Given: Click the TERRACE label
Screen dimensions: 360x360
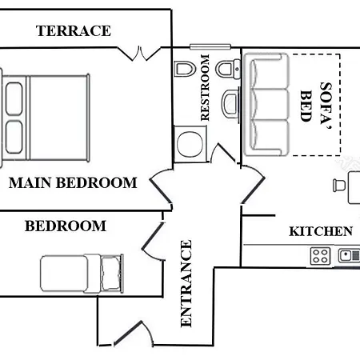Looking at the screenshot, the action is click(x=74, y=30).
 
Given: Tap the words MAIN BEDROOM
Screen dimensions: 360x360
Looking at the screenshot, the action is click(x=73, y=183).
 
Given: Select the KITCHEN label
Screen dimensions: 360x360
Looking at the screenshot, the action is click(x=321, y=231).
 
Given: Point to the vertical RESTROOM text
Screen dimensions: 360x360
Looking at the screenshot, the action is click(x=205, y=87).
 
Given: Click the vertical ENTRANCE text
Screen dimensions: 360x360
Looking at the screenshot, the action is click(x=186, y=283).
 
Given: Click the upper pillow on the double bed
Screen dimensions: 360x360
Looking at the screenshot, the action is click(x=14, y=99).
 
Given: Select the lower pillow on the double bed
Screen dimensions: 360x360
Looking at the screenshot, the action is click(x=14, y=138).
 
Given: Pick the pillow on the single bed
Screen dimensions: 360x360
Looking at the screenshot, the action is click(x=111, y=273).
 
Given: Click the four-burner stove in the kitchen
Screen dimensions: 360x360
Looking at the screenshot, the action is click(x=320, y=256).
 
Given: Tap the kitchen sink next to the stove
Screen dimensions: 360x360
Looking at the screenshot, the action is click(x=349, y=256).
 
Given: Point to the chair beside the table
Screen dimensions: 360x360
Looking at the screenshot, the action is click(x=339, y=185).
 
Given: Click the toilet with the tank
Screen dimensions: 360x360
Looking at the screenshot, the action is click(x=228, y=69).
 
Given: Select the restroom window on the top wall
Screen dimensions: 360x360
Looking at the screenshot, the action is click(x=210, y=47).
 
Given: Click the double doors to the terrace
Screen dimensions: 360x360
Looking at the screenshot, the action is click(x=139, y=54).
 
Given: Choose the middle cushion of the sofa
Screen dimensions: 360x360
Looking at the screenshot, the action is click(x=270, y=104).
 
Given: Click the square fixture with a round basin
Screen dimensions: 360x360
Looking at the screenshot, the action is click(x=190, y=144).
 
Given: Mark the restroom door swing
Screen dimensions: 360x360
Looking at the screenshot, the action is click(x=223, y=154).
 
